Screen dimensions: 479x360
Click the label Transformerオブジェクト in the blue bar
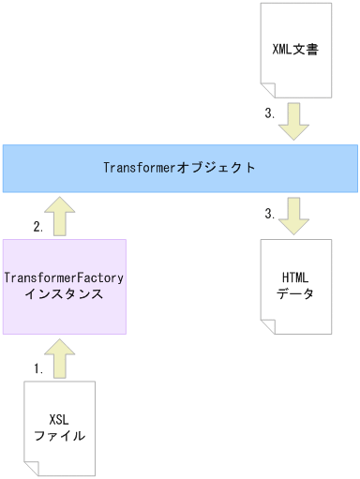(179, 168)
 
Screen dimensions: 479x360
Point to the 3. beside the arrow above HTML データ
(269, 214)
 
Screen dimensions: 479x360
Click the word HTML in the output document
(296, 278)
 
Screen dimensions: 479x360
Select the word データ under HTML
(296, 294)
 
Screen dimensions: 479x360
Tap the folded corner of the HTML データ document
(268, 327)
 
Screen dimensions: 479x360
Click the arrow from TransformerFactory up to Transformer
(63, 216)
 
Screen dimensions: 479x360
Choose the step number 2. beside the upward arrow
(37, 227)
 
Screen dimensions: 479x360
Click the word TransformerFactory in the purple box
(64, 278)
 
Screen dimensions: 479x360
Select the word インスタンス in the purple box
(64, 294)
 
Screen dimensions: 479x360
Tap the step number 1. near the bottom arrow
(37, 369)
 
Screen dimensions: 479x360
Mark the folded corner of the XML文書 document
(268, 90)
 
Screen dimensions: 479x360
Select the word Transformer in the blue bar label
(142, 168)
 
